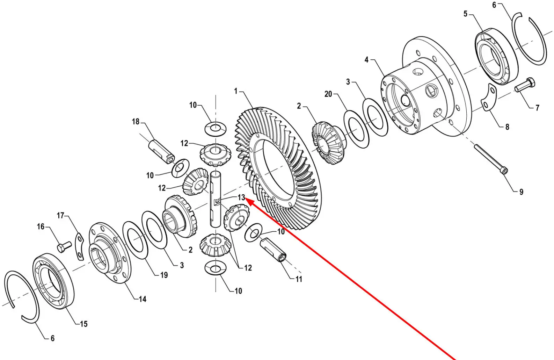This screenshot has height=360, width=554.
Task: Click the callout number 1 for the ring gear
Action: pyautogui.click(x=236, y=91)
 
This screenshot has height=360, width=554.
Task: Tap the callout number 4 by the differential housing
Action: pyautogui.click(x=366, y=60)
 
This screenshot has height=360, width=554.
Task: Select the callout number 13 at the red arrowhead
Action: pyautogui.click(x=241, y=197)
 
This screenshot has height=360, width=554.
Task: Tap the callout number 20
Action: pyautogui.click(x=328, y=94)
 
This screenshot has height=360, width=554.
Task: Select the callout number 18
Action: pyautogui.click(x=136, y=122)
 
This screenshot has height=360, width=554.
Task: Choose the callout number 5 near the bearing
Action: pyautogui.click(x=465, y=14)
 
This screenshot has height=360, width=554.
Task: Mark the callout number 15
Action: pyautogui.click(x=83, y=324)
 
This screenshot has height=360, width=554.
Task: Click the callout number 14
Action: pyautogui.click(x=143, y=299)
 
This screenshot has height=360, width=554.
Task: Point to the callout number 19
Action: pyautogui.click(x=164, y=275)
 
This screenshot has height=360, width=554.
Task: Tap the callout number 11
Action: pyautogui.click(x=299, y=279)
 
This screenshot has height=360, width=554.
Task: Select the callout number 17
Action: pyautogui.click(x=60, y=216)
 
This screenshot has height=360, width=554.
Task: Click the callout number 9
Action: pyautogui.click(x=521, y=192)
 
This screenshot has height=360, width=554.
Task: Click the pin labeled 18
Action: pyautogui.click(x=161, y=152)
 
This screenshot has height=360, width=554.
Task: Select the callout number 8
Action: pyautogui.click(x=507, y=127)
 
